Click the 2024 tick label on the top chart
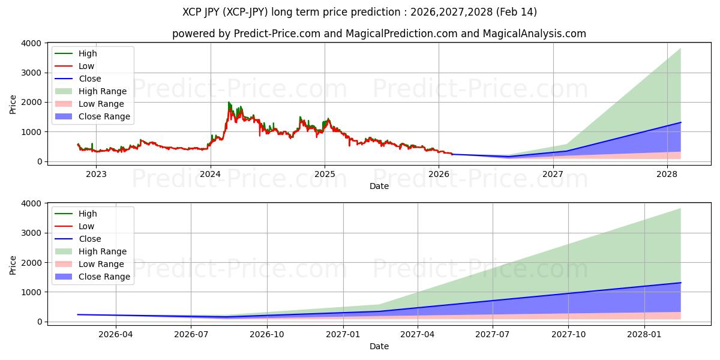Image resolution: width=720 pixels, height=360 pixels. pos(210,175)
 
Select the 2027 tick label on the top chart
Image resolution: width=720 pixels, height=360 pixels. pos(553,175)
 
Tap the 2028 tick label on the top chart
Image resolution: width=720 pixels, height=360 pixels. pos(667,175)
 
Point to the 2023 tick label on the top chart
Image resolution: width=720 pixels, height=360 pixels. pos(96,175)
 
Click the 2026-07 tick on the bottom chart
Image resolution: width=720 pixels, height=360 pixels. pos(191,335)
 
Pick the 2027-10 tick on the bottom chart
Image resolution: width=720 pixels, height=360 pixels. pos(568,335)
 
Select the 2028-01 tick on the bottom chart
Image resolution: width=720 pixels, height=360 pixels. pos(644,335)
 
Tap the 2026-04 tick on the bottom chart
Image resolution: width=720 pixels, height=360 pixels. pos(116,335)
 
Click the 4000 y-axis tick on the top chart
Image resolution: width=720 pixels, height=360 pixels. pos(31,43)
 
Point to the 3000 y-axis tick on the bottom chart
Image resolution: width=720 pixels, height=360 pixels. pos(31,233)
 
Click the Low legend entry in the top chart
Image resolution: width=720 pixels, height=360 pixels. pos(86,66)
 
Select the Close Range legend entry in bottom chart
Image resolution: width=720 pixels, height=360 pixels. pos(104,277)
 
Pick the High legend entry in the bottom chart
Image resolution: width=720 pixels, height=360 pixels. pos(88,214)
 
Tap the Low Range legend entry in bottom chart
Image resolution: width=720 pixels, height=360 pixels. pos(103,264)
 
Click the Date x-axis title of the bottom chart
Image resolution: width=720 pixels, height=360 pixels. pos(379,346)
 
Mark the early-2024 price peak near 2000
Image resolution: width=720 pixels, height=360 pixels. pos(229,103)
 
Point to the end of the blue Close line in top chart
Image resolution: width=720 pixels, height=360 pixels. pos(680,122)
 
